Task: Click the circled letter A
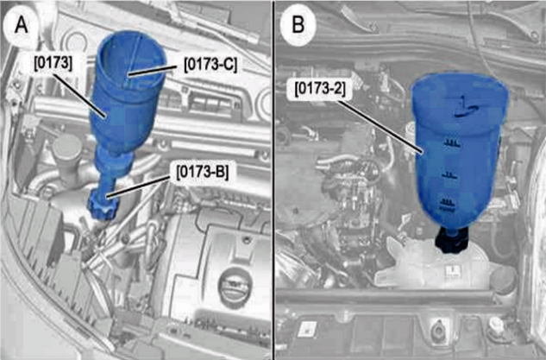pos(22,25)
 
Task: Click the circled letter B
pos(298,25)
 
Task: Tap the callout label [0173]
pos(53,64)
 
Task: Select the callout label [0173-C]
pos(210,65)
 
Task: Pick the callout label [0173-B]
pos(203,172)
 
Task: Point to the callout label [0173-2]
pos(320,89)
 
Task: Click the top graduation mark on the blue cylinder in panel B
pos(451,142)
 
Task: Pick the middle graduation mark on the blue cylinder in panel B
pos(450,176)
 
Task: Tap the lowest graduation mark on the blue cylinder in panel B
pos(449,203)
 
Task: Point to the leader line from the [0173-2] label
pos(381,126)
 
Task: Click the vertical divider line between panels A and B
pos(273,180)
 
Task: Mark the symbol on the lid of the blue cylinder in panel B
pos(463,107)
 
